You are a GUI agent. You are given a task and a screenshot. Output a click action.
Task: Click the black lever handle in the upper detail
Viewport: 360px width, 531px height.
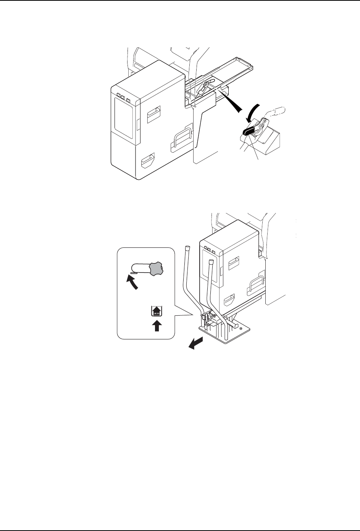pyautogui.click(x=249, y=131)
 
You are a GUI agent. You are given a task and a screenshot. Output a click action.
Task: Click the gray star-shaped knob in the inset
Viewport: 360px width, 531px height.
pyautogui.click(x=156, y=269)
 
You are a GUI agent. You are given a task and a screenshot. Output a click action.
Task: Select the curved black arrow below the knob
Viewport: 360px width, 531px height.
pyautogui.click(x=132, y=282)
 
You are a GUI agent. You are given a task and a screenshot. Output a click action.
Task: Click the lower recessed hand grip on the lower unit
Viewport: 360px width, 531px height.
pyautogui.click(x=230, y=298)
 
